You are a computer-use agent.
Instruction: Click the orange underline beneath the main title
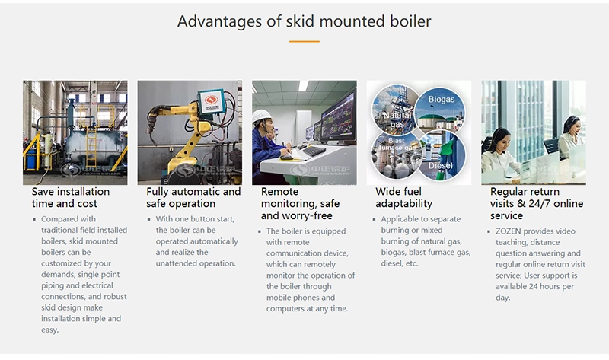point(304,41)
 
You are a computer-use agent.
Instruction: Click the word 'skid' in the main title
point(300,21)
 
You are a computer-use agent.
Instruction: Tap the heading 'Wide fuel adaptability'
point(404,198)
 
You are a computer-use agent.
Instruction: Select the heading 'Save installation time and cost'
point(71,198)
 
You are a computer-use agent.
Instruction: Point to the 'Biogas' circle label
point(442,100)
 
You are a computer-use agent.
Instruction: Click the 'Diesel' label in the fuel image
point(441,166)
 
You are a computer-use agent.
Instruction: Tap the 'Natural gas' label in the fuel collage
point(397,120)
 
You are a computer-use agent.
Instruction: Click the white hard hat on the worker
point(261,116)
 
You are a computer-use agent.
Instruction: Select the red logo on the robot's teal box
point(212,100)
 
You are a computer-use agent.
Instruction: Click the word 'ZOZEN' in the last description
point(508,231)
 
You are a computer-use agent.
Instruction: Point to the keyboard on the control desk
point(314,151)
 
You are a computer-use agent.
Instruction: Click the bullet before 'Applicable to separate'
point(374,219)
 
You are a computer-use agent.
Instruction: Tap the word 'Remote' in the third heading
point(279,192)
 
